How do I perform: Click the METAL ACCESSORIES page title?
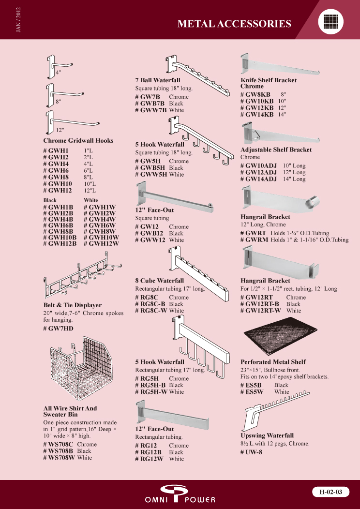(234, 24)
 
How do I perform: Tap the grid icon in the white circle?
(331, 22)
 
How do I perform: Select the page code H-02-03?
(331, 492)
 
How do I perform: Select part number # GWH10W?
(101, 237)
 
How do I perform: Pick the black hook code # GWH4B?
(58, 219)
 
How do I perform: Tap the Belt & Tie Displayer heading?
(73, 305)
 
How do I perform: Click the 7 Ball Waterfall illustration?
(197, 75)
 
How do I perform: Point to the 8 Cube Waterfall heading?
(159, 281)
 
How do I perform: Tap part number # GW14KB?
(257, 114)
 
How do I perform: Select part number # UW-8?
(251, 452)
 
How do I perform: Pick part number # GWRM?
(254, 240)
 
